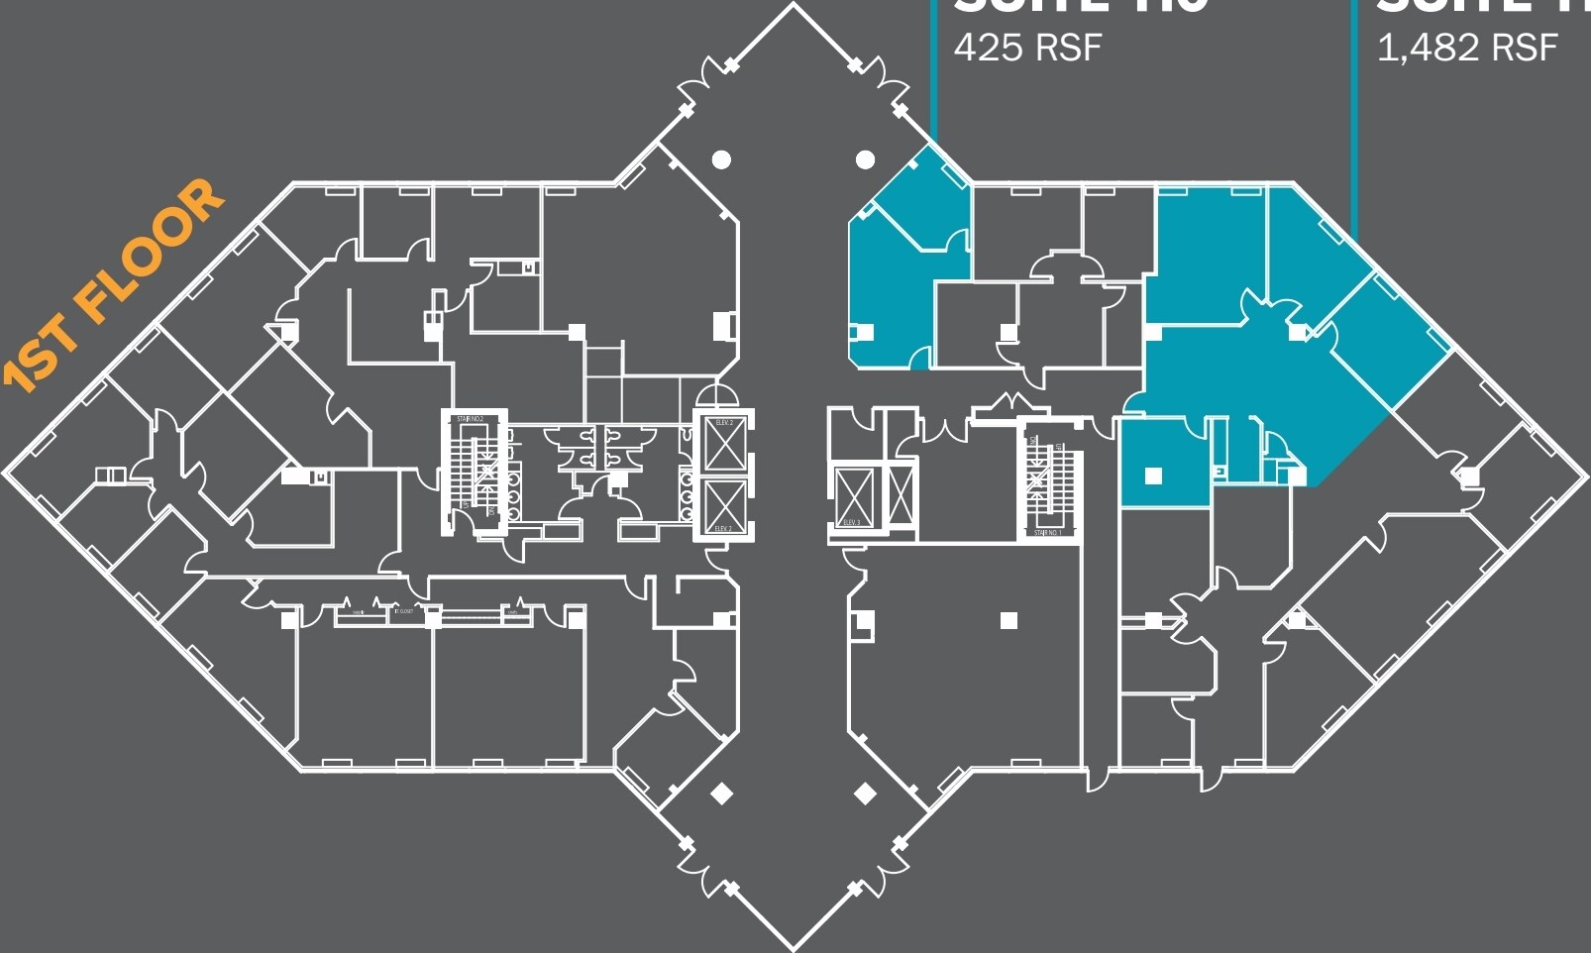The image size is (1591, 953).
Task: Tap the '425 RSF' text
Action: [x=1027, y=47]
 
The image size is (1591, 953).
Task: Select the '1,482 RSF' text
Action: [x=1467, y=47]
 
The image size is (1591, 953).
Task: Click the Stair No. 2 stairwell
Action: [x=472, y=471]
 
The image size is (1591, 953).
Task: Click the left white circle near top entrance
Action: [x=721, y=159]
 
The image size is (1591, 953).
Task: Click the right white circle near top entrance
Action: [x=865, y=159]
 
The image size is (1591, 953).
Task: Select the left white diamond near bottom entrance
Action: [x=722, y=794]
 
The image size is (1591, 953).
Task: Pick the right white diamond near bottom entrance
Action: [x=865, y=794]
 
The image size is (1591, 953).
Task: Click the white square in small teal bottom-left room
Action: [x=1153, y=476]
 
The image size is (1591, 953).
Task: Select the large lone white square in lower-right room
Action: [x=1008, y=621]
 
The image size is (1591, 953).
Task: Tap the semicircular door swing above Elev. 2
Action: [x=716, y=395]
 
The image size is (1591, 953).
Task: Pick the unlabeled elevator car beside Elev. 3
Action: [x=901, y=495]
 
